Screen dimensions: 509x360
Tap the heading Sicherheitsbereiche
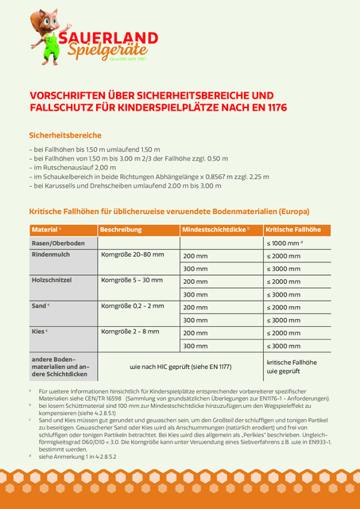tap(65, 135)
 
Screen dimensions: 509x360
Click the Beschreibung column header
tap(122, 229)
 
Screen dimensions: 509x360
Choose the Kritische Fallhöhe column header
tap(293, 229)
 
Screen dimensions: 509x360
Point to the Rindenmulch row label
tap(52, 255)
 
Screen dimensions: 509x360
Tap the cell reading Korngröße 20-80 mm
tap(132, 255)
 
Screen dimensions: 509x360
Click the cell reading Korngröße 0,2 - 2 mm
tap(132, 306)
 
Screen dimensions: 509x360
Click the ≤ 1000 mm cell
tap(285, 243)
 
